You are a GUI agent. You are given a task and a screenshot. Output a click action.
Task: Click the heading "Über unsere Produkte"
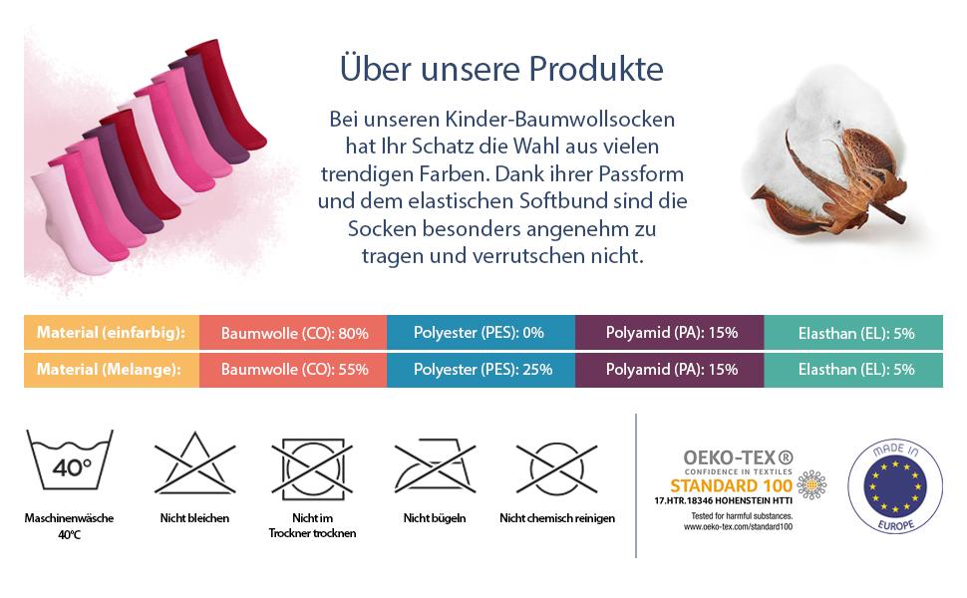coord(501,71)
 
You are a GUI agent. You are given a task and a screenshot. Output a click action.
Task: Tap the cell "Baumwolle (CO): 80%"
coord(295,333)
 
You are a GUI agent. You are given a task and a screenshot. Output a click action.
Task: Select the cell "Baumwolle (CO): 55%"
coord(295,369)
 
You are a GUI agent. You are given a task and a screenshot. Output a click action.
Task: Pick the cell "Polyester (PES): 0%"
coord(480,333)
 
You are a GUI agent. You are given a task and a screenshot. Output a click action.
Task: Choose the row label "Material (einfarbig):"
coord(112,333)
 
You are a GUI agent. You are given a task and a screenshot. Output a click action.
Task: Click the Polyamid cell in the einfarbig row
coord(670,333)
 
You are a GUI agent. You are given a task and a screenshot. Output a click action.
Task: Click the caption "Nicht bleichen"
coord(194,518)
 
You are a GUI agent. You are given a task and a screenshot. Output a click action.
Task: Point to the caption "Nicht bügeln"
coord(435,518)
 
